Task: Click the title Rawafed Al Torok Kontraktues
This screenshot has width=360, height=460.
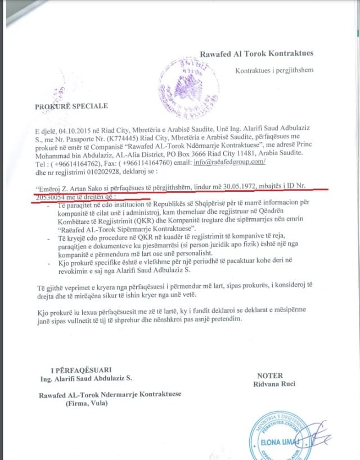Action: tap(256, 54)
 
